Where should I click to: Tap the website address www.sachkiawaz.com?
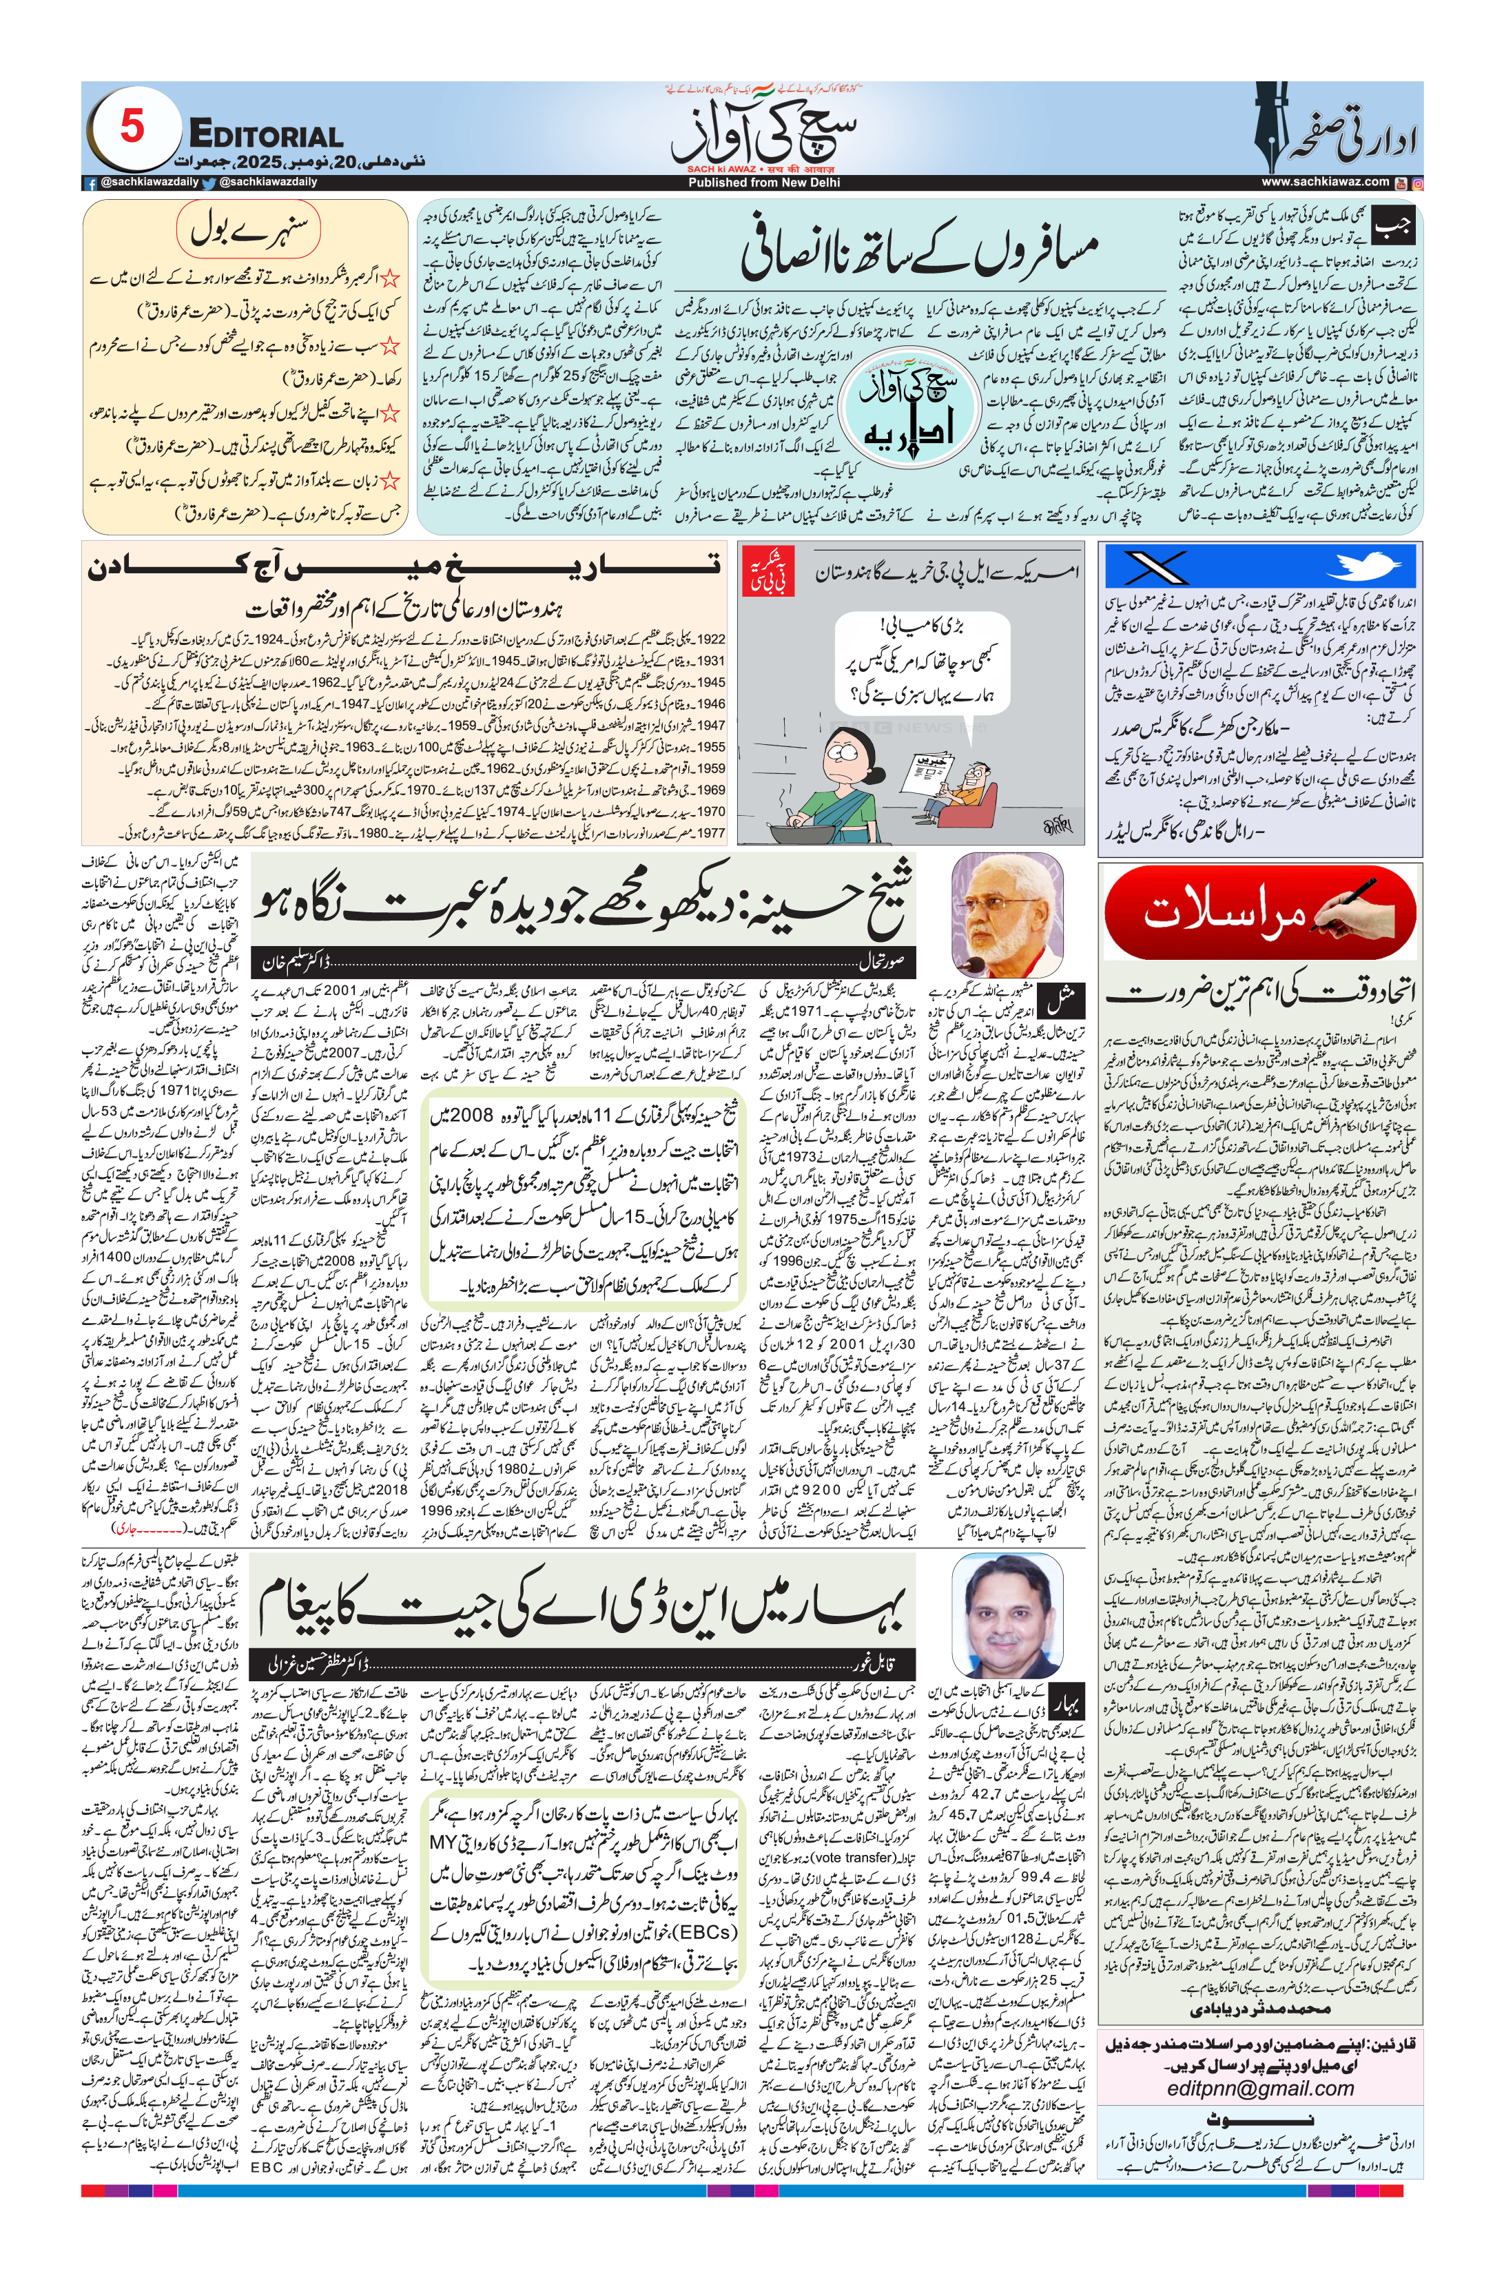pos(1325,181)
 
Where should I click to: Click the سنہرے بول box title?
pos(249,230)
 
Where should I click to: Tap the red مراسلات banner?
pos(1259,912)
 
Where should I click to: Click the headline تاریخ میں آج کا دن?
pos(404,568)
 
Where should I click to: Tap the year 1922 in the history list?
pos(711,639)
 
